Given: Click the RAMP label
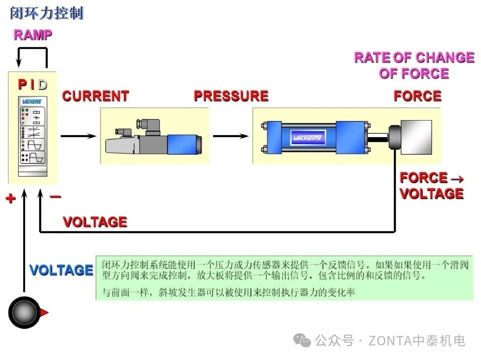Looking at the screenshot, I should (33, 35).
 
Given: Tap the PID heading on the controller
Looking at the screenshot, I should (33, 85).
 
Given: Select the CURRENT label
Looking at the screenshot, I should (95, 96).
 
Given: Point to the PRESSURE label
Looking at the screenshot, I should (231, 96).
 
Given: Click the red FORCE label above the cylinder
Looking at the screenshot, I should (417, 96).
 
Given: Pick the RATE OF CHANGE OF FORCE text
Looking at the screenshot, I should (414, 65).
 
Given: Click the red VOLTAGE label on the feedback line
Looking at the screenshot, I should (95, 222).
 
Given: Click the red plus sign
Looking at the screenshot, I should (11, 198).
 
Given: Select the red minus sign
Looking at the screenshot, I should (55, 197).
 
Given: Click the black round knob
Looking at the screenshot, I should (23, 312).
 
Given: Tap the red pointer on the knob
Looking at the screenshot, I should (44, 312).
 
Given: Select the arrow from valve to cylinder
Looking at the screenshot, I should (231, 136).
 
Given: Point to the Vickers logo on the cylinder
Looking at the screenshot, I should (307, 138).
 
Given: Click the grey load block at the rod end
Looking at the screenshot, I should (416, 137).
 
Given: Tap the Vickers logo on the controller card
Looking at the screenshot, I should (32, 102).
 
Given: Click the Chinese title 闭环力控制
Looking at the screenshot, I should (46, 13).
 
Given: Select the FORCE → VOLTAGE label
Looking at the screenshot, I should (431, 185).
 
